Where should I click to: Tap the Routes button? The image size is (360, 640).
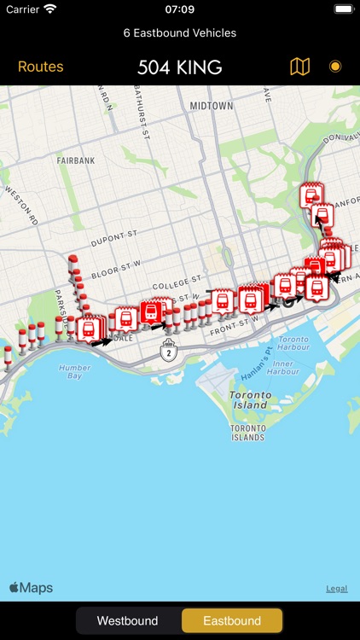40,67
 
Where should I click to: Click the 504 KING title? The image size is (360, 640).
179,67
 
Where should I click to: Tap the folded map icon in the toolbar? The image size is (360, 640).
299,67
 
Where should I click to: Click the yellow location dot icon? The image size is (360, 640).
335,67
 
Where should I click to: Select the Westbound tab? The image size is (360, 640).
127,620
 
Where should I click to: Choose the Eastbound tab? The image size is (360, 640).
231,620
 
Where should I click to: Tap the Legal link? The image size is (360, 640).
336,589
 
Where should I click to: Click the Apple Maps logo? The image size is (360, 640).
31,588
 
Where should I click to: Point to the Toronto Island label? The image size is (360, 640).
250,401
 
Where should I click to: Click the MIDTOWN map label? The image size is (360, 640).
211,106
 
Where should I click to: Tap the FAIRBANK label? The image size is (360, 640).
75,160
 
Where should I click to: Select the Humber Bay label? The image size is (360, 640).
75,371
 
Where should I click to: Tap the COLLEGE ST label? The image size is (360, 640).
177,281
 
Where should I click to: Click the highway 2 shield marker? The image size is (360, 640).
170,351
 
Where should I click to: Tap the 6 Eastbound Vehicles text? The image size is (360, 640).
179,32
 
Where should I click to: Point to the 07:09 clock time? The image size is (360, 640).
179,9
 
